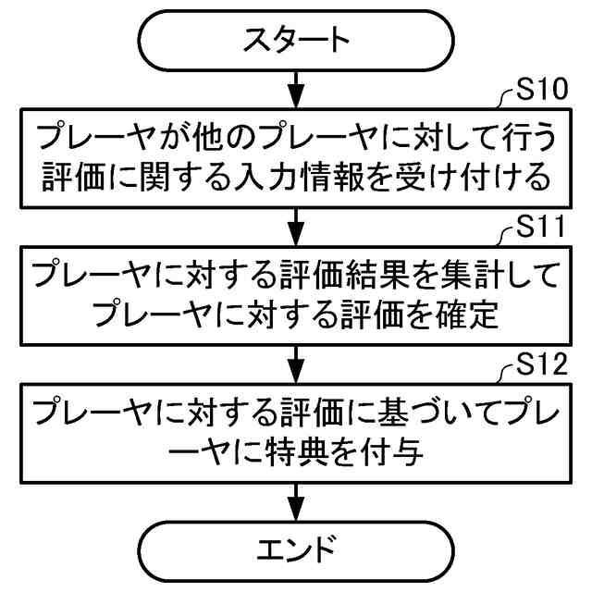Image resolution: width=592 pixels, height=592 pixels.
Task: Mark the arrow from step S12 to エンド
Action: click(295, 499)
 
